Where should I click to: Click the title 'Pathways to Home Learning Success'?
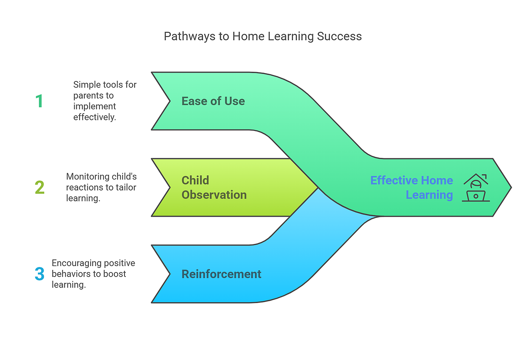click(x=262, y=36)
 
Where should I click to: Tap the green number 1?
click(x=39, y=101)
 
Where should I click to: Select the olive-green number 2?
click(x=39, y=187)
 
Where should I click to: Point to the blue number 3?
click(x=39, y=273)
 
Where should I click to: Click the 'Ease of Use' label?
click(x=213, y=101)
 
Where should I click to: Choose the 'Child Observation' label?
click(x=214, y=187)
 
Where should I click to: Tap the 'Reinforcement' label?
click(x=221, y=274)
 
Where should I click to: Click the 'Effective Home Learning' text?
click(x=412, y=187)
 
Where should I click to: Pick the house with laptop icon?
click(x=476, y=187)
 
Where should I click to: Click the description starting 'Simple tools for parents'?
click(x=105, y=100)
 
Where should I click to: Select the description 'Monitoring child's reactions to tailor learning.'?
click(x=101, y=187)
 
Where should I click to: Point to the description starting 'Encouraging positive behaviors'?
click(x=93, y=273)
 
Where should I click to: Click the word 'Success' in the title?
click(x=339, y=36)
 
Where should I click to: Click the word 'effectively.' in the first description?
click(x=94, y=117)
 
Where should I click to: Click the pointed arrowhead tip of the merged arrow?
click(x=511, y=187)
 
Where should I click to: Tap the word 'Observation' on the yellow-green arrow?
click(x=214, y=195)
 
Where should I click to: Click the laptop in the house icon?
click(x=476, y=196)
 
